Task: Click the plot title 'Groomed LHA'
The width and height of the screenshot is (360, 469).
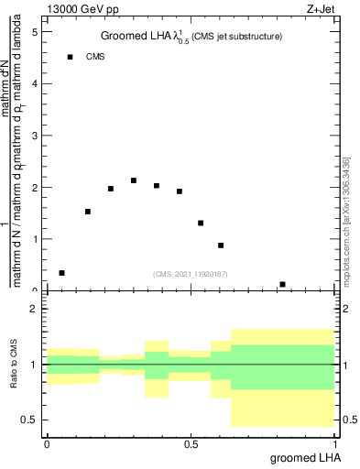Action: [139, 37]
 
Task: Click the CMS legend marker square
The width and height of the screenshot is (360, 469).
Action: [70, 57]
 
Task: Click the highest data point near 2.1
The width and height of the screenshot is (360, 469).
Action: [134, 180]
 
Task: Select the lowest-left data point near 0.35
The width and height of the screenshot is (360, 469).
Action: [61, 273]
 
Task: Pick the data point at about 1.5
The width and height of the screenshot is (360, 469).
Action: [88, 212]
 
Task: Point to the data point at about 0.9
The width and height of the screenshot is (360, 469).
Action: [221, 245]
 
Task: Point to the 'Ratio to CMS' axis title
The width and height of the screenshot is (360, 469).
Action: [14, 365]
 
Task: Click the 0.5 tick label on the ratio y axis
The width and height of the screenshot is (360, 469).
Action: [30, 420]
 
